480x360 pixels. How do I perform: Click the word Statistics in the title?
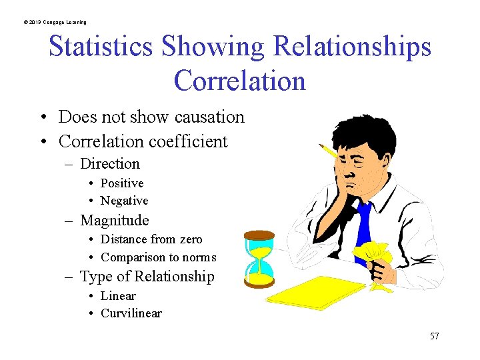(x=102, y=47)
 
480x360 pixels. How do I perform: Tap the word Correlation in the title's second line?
(x=239, y=81)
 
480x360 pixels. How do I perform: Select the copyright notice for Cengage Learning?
(x=54, y=22)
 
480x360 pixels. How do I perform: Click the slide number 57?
(x=434, y=336)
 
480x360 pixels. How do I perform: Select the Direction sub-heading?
(x=109, y=164)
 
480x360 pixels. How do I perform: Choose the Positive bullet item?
(x=121, y=183)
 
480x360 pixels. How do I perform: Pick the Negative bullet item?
(x=124, y=201)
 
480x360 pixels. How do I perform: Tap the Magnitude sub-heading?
(x=114, y=221)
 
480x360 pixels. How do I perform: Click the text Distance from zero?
(x=151, y=239)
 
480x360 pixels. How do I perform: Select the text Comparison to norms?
(x=158, y=257)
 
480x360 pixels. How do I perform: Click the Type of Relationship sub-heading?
(x=147, y=277)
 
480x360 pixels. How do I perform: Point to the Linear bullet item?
(x=117, y=296)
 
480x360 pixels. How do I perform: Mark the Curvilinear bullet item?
(x=131, y=313)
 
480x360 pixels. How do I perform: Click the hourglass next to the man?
(x=259, y=259)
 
